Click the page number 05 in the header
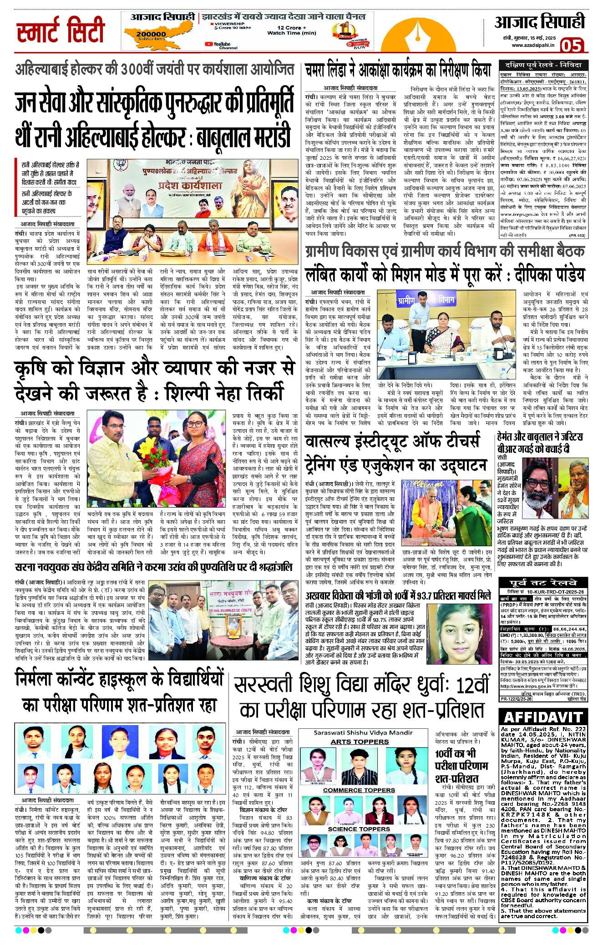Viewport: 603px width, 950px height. [571, 45]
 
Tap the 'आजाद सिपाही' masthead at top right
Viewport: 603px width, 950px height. [539, 22]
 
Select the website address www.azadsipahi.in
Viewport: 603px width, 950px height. [532, 45]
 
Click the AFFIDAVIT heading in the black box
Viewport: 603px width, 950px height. [543, 717]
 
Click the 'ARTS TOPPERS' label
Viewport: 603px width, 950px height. [360, 742]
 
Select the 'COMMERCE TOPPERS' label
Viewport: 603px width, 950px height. [359, 790]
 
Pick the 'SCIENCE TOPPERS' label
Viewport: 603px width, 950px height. [359, 829]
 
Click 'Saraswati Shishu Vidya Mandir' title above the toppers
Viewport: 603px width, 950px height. [363, 733]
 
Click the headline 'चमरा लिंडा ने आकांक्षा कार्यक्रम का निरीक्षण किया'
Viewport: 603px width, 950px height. [398, 71]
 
